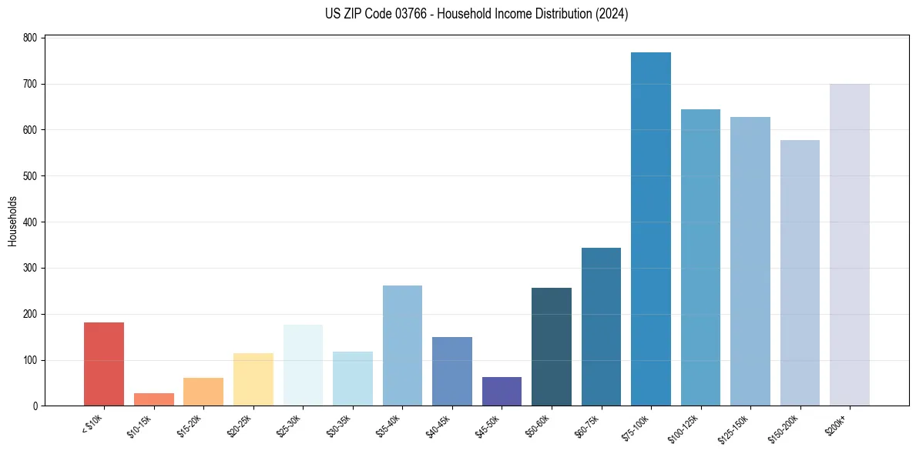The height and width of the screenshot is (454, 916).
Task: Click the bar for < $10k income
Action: pyautogui.click(x=104, y=364)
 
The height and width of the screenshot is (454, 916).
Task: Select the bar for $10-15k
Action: pyautogui.click(x=154, y=399)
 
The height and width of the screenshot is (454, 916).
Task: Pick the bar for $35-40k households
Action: pyautogui.click(x=402, y=346)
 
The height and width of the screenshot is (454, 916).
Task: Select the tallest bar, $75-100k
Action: pyautogui.click(x=651, y=229)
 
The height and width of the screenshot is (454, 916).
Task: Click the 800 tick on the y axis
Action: pyautogui.click(x=31, y=38)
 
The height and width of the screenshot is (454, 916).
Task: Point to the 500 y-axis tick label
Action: pyautogui.click(x=31, y=176)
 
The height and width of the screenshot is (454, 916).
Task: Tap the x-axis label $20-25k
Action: pyautogui.click(x=240, y=424)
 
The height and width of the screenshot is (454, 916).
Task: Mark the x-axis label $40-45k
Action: pyautogui.click(x=438, y=424)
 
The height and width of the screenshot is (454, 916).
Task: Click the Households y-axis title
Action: pyautogui.click(x=12, y=221)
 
